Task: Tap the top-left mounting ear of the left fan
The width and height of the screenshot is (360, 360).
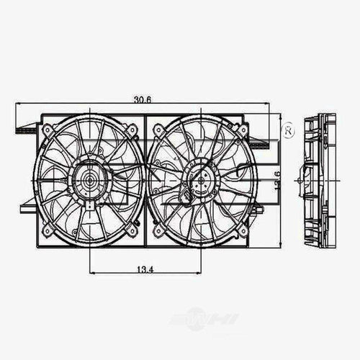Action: (48, 130)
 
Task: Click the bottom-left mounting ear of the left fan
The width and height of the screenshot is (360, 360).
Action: (48, 230)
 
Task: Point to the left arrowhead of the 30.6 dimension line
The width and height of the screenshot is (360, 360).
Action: (18, 105)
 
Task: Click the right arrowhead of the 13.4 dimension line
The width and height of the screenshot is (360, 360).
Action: (199, 272)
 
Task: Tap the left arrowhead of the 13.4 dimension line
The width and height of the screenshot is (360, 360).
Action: (91, 272)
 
